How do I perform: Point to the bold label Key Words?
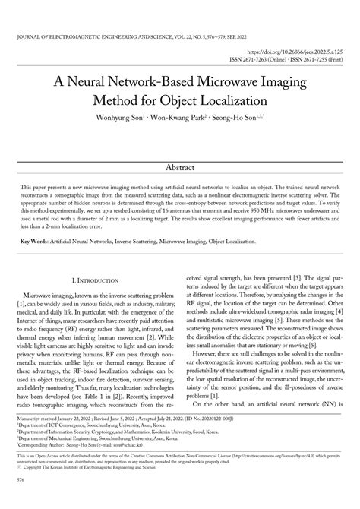(x=33, y=241)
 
